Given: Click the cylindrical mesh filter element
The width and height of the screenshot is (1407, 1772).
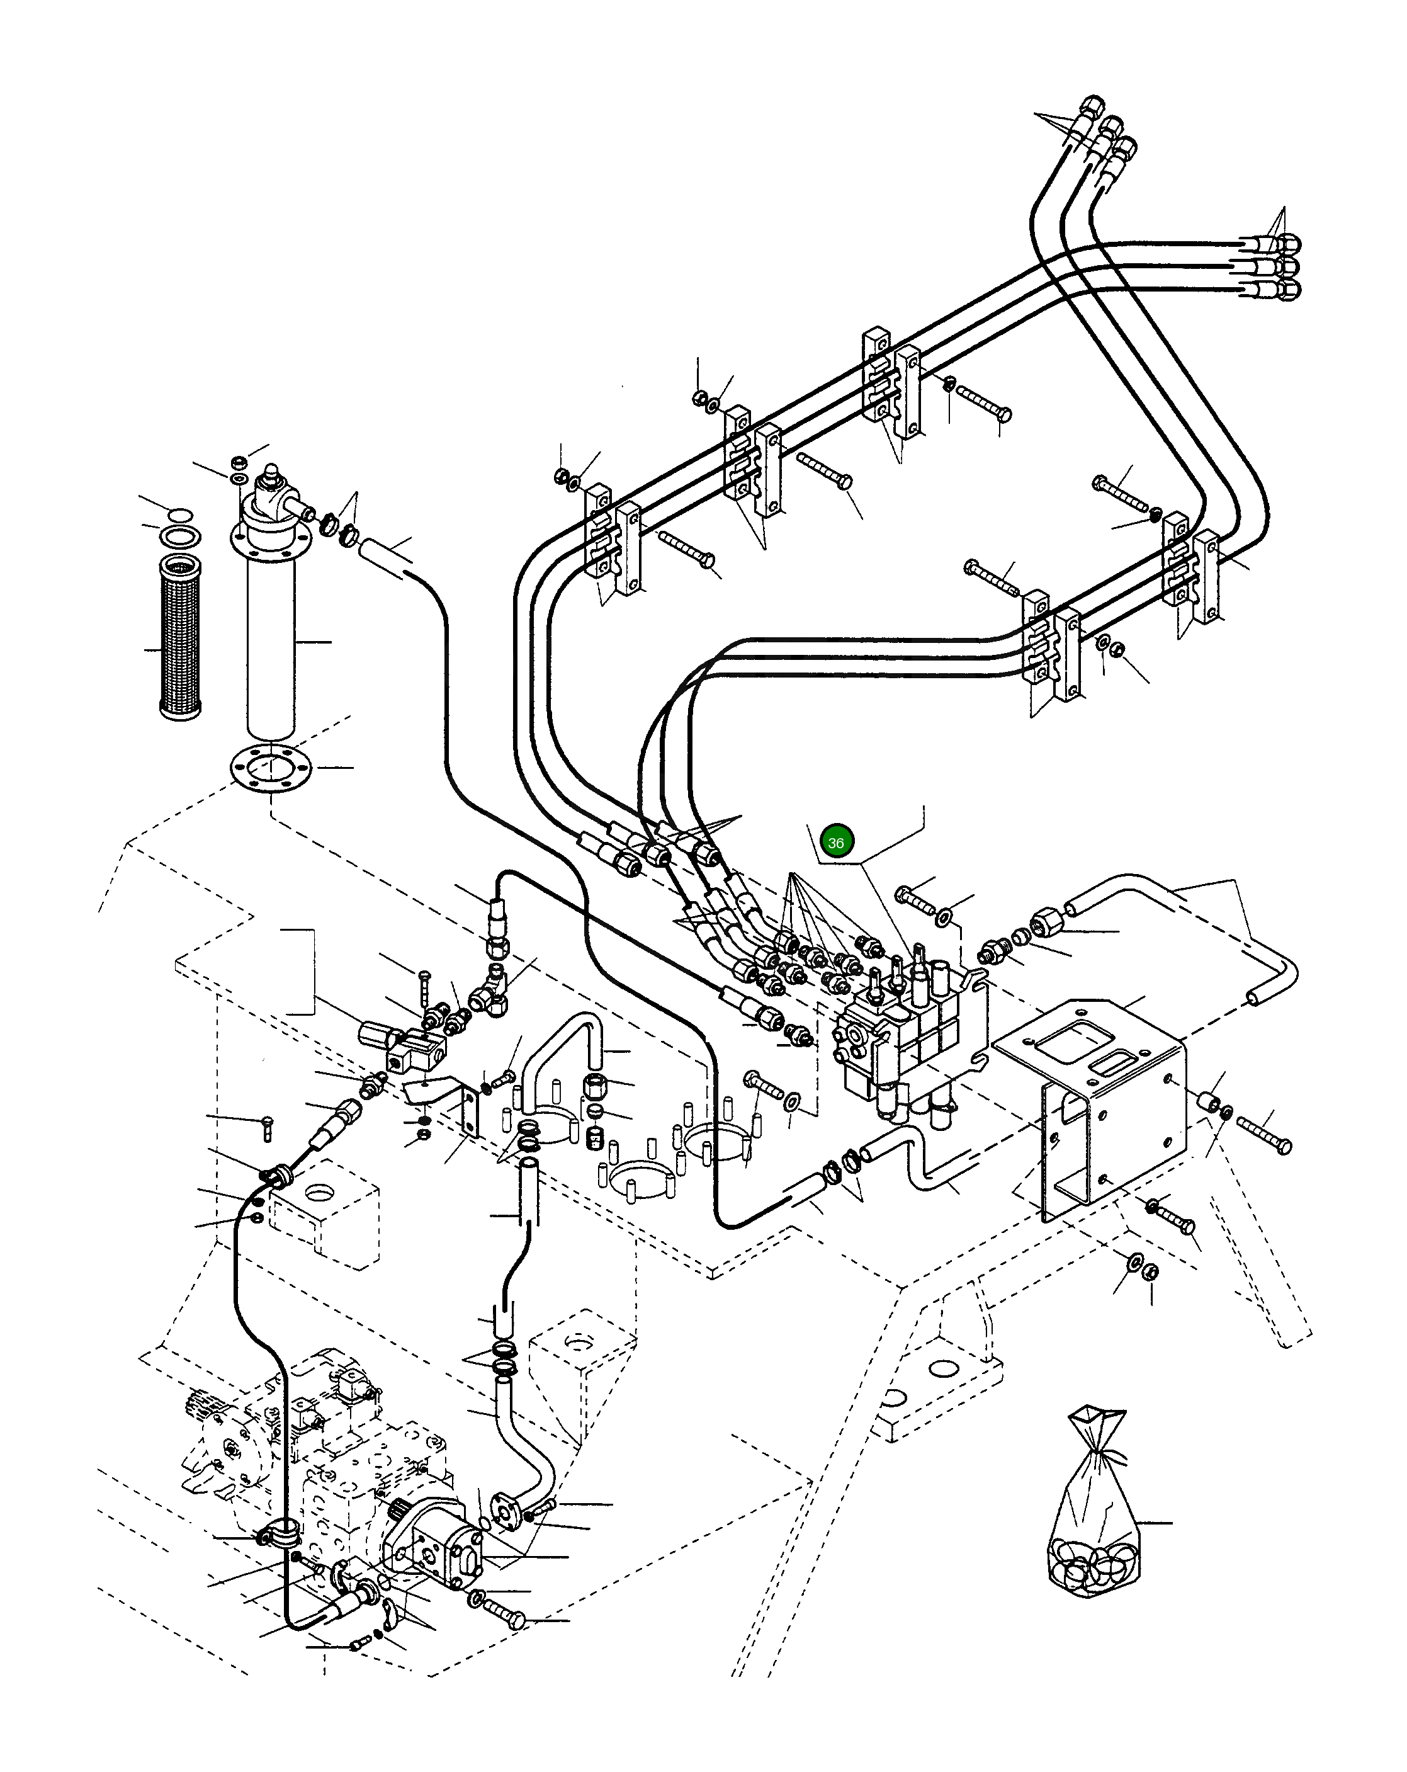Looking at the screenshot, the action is pyautogui.click(x=179, y=638).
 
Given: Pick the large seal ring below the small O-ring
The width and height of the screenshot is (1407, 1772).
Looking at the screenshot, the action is pyautogui.click(x=181, y=539).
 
